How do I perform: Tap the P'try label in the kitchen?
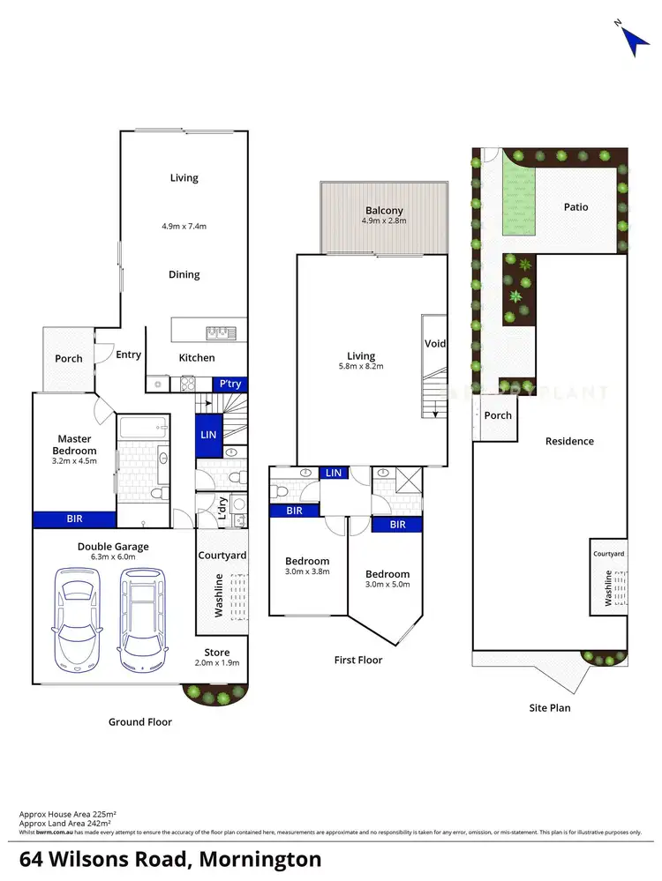[x=230, y=384]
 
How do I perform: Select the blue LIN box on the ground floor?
[x=208, y=435]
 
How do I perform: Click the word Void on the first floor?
[x=435, y=344]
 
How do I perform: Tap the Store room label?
[x=216, y=653]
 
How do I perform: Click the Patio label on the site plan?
[x=576, y=207]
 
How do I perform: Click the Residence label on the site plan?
[x=569, y=441]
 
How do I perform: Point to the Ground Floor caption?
[x=139, y=721]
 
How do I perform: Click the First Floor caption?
[x=358, y=660]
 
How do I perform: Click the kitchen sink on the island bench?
[x=217, y=332]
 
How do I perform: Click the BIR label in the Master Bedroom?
[x=74, y=519]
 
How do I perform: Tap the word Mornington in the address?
[x=260, y=859]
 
